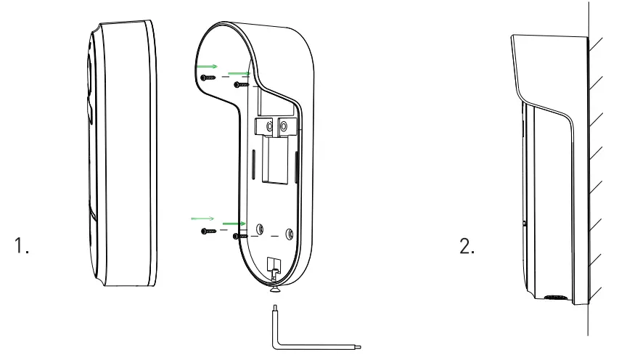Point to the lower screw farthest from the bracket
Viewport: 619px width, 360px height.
[x=206, y=231]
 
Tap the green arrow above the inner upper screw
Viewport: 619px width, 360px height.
[x=239, y=73]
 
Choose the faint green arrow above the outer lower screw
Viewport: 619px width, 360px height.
[x=202, y=217]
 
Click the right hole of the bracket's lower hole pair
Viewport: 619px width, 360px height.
[x=290, y=234]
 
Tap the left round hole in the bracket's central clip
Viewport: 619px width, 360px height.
[x=269, y=127]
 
